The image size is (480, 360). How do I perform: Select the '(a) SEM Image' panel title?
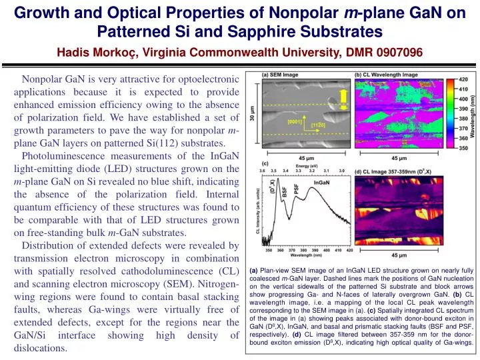coord(280,75)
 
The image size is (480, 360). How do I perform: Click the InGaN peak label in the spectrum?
coord(321,181)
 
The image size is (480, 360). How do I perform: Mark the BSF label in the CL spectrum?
coord(284,190)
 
